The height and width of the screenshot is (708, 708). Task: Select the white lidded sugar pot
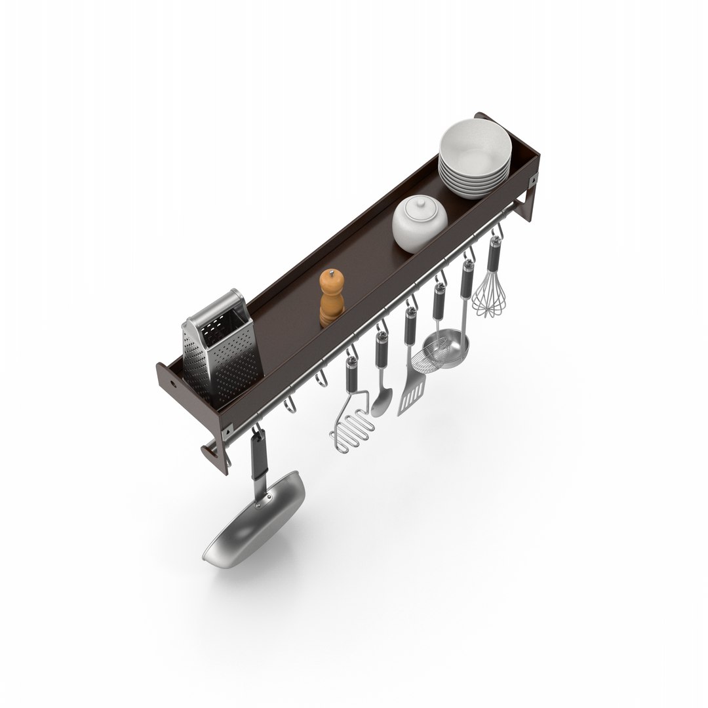click(420, 223)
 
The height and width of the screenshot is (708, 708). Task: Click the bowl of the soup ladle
click(452, 351)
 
